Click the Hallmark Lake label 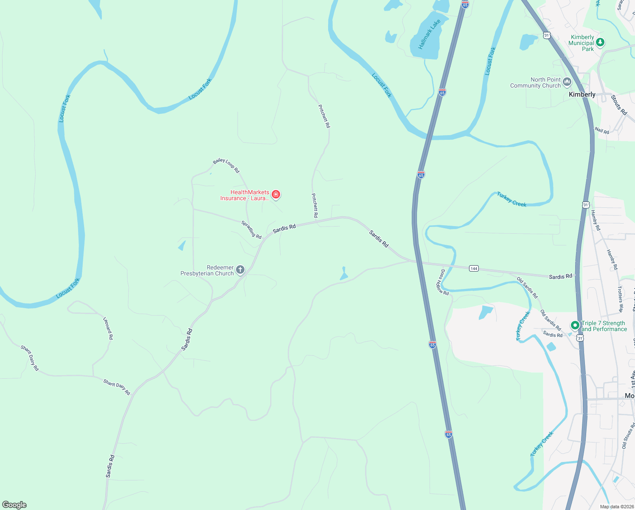[x=429, y=34]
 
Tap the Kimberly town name [x=582, y=94]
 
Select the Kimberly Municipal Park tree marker [x=600, y=42]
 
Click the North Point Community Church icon [x=567, y=82]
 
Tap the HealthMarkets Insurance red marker [x=276, y=195]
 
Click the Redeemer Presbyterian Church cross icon [x=240, y=269]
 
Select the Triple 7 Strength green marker [x=575, y=326]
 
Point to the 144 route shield [x=474, y=268]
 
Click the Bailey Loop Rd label [x=226, y=165]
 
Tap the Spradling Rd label [x=251, y=229]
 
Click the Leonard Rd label [x=108, y=328]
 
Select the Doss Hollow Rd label [x=442, y=282]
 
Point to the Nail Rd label [x=602, y=130]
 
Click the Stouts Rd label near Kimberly [x=619, y=105]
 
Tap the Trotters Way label [x=620, y=299]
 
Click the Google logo [x=14, y=505]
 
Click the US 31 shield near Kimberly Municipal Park [x=547, y=35]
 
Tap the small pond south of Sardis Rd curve [x=344, y=275]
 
